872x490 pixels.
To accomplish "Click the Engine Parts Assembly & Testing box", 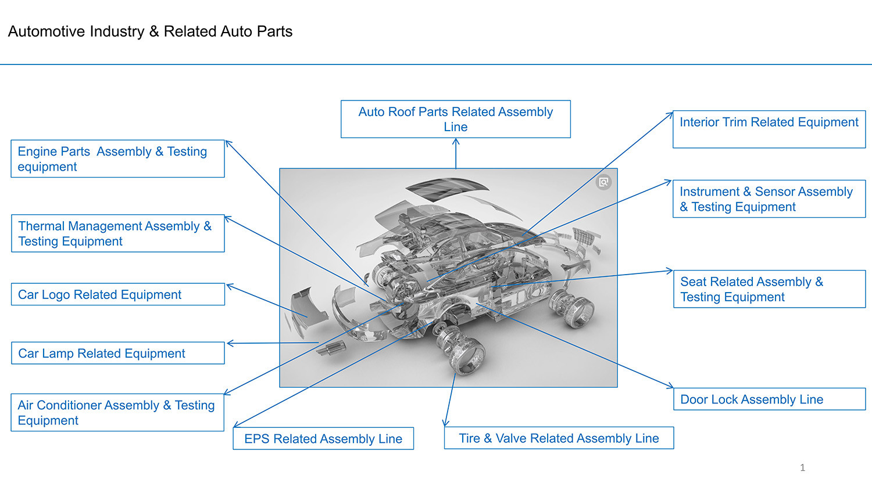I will coord(117,158).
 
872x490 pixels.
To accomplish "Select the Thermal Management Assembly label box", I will coord(117,233).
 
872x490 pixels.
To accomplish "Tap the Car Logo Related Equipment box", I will coord(117,294).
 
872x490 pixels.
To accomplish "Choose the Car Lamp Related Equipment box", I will coord(117,353).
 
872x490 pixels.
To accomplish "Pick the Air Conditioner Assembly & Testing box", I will coord(117,412).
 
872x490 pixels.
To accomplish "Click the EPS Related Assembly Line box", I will coord(323,438).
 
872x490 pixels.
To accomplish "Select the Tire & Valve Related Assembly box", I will coord(559,438).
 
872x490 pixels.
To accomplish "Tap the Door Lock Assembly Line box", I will coord(769,399).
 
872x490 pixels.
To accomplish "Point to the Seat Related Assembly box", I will coord(769,289).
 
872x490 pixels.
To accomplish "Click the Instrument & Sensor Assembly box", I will coord(769,199).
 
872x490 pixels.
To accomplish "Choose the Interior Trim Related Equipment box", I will coord(769,129).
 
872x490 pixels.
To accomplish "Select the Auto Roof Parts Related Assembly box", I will coord(455,119).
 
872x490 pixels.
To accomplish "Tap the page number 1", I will coord(802,467).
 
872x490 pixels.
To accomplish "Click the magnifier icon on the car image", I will coord(604,182).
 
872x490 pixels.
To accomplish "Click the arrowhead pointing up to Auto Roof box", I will coord(456,141).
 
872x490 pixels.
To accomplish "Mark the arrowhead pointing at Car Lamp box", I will coord(230,344).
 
